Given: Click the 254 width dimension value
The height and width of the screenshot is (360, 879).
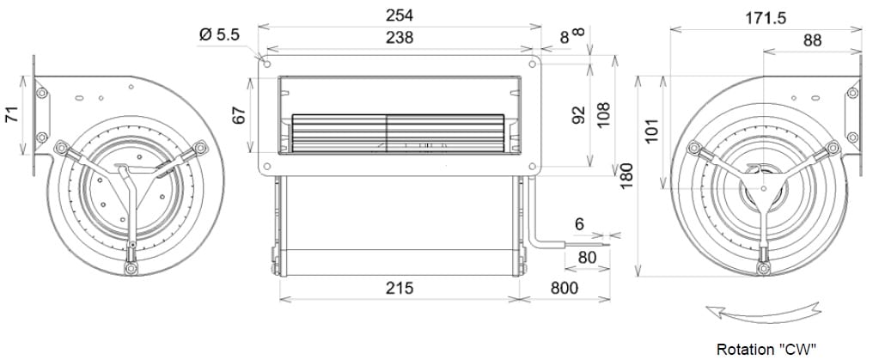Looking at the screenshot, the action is [x=400, y=15].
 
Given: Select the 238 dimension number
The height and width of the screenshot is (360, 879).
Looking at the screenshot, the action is [x=400, y=38].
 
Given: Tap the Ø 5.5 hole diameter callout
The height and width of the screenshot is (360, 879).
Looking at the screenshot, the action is [x=219, y=35].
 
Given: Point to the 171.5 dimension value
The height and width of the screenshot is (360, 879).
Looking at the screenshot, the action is [x=766, y=18].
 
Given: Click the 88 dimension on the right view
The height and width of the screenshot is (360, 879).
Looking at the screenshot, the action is [x=812, y=40].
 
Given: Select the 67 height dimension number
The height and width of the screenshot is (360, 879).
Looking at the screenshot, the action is [x=240, y=115].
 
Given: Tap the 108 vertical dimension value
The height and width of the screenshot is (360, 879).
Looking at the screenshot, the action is [x=603, y=114].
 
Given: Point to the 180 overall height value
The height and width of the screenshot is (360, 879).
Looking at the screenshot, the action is [x=626, y=175].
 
